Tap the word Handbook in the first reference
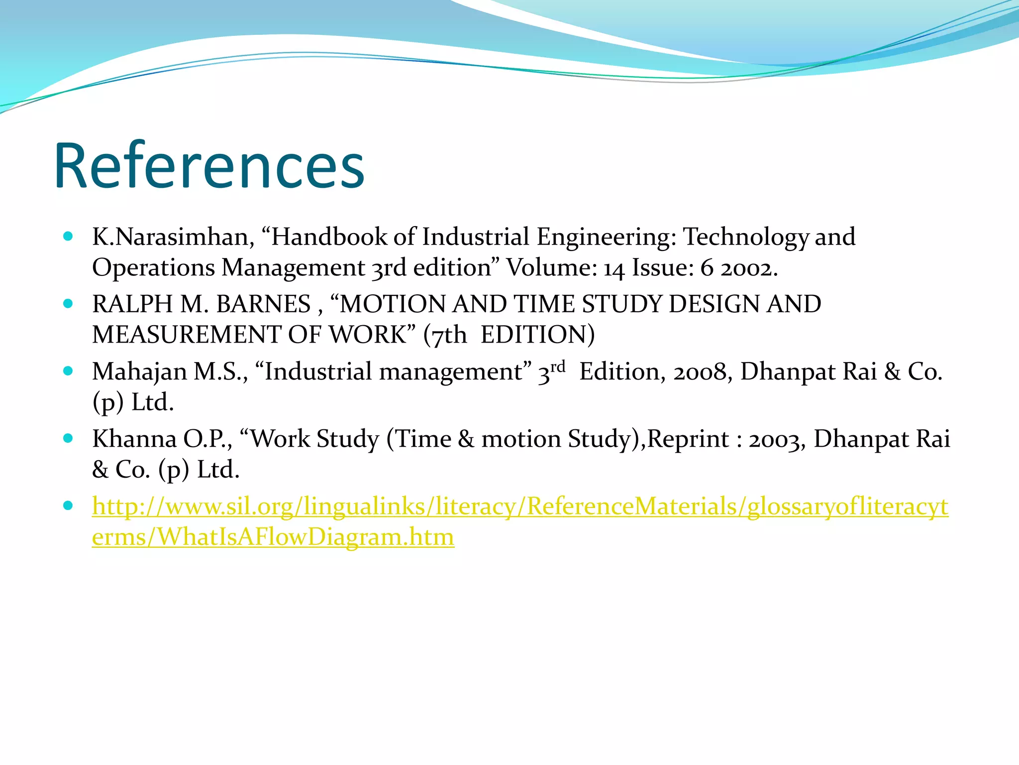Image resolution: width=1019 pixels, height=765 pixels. [328, 237]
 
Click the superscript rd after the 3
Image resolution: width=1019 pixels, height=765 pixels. [558, 367]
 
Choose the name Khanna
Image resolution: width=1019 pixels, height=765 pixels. [134, 439]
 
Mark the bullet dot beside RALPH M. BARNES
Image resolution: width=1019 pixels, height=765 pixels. [68, 304]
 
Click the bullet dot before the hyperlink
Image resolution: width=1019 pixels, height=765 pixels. [68, 506]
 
